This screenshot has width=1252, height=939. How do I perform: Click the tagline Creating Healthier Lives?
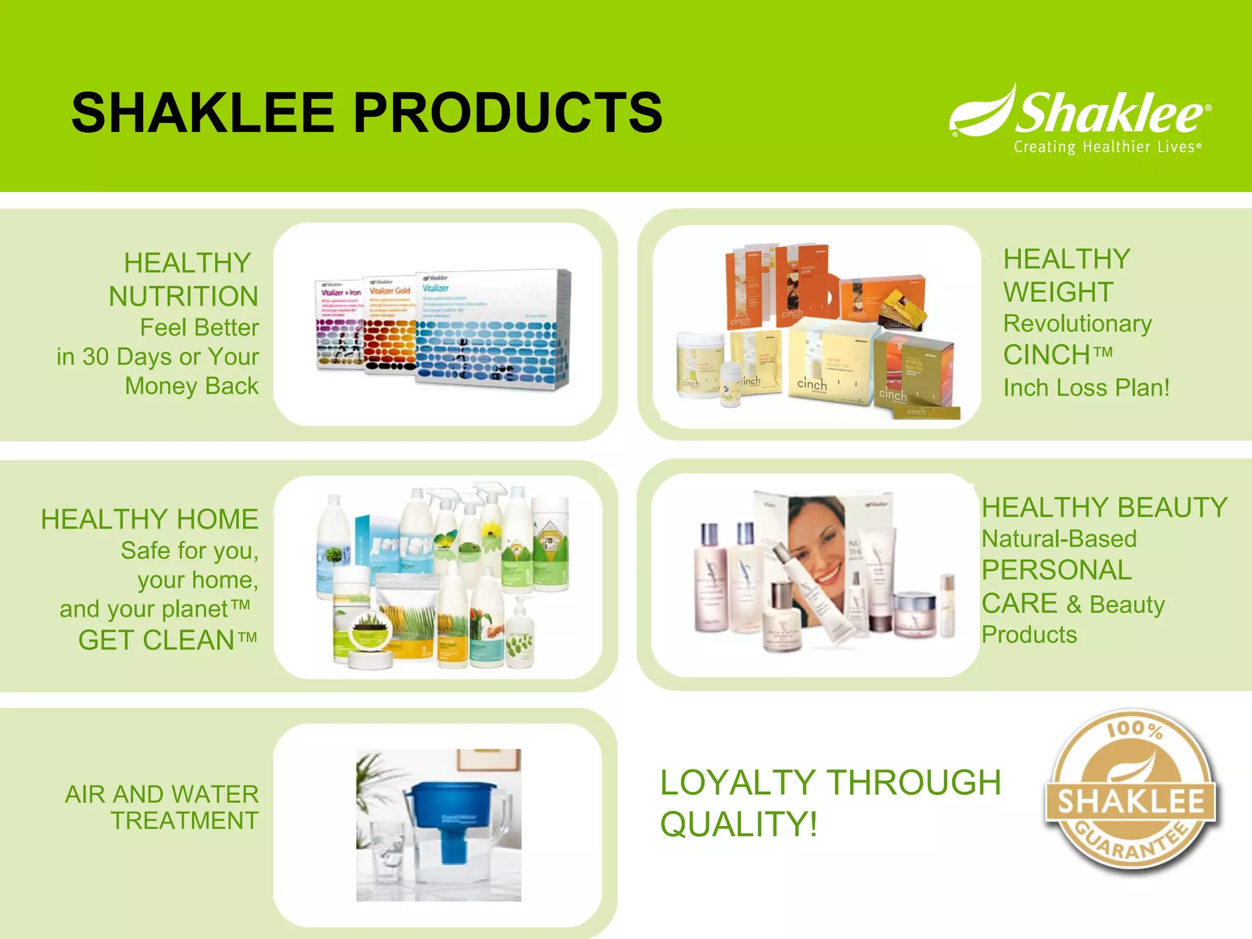(1107, 147)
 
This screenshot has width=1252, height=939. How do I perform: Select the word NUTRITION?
(183, 296)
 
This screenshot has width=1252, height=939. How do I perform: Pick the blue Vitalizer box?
(492, 330)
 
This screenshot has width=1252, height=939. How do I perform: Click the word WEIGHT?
(1058, 292)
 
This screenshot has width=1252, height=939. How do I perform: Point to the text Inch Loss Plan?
(1086, 388)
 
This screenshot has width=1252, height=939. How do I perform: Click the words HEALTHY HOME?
(150, 520)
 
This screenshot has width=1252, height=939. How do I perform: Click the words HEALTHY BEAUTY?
(1104, 507)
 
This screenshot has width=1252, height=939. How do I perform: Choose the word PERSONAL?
(1056, 570)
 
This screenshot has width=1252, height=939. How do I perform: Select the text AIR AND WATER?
(162, 794)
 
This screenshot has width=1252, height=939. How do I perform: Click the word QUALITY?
(738, 824)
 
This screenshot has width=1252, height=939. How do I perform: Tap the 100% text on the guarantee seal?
(1135, 729)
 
